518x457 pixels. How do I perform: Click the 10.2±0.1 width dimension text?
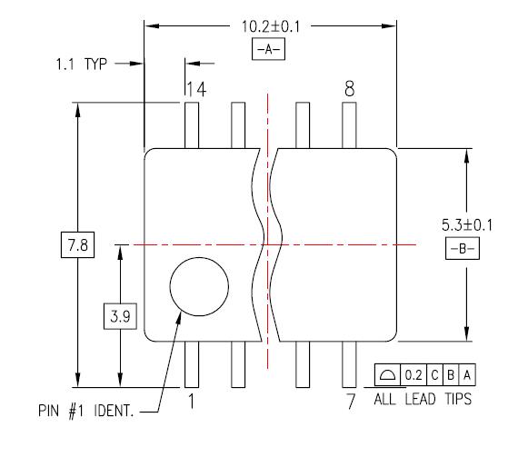point(271,26)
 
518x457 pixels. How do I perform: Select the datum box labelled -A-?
point(268,49)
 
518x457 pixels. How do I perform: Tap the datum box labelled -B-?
point(463,248)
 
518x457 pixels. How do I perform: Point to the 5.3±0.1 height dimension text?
point(467,225)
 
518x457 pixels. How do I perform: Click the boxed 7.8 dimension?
point(77,245)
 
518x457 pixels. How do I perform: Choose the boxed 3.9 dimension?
point(120,316)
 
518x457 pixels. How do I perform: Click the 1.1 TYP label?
point(81,64)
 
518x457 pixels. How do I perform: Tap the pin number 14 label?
point(197,89)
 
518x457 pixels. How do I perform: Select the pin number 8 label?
point(349,88)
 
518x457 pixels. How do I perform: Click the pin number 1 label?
point(191,402)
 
